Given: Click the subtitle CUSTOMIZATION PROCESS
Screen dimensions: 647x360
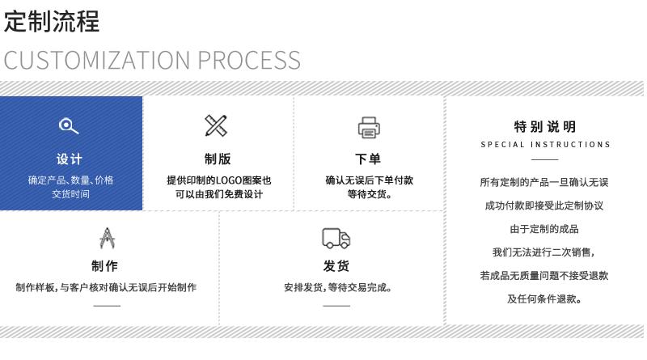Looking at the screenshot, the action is (152, 60).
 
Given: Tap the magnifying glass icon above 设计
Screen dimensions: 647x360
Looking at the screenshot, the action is (70, 125).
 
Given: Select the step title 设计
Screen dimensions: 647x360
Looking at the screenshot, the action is (70, 159).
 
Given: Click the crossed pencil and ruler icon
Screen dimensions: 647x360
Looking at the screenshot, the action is (216, 125).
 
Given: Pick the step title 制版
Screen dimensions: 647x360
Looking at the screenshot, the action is (218, 159).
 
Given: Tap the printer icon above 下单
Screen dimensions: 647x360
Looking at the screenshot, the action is (369, 127).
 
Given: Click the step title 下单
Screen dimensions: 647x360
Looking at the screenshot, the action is (369, 159).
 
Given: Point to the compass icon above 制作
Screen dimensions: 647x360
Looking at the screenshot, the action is (105, 237).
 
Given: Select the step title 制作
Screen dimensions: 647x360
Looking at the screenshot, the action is (105, 266).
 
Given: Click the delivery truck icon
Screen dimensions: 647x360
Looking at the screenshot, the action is (336, 237).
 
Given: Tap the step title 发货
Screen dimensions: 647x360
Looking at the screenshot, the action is (336, 266).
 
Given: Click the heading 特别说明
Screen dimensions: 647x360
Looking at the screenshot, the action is (545, 126).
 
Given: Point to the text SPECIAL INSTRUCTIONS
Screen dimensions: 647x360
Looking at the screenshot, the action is (545, 145).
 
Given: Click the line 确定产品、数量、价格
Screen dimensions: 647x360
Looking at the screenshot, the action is (71, 180).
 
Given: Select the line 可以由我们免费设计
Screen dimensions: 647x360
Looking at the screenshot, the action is (218, 194).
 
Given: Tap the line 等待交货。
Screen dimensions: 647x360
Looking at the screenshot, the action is (370, 194).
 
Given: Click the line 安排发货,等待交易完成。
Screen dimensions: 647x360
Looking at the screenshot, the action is (337, 287).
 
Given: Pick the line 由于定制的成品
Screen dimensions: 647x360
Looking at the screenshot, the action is (544, 229).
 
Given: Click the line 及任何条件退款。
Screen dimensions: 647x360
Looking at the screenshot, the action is (544, 299).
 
